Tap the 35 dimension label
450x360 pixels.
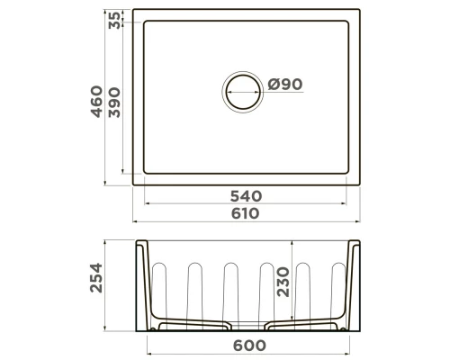pyautogui.click(x=114, y=22)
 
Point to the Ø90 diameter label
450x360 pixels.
pyautogui.click(x=284, y=85)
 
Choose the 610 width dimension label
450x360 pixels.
pyautogui.click(x=244, y=213)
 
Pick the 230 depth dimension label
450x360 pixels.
pyautogui.click(x=284, y=281)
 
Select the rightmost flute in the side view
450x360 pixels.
pyautogui.click(x=338, y=288)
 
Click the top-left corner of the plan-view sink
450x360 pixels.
pyautogui.click(x=135, y=13)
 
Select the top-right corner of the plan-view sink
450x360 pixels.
pyautogui.click(x=362, y=13)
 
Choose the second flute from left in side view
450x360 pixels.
pyautogui.click(x=194, y=290)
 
